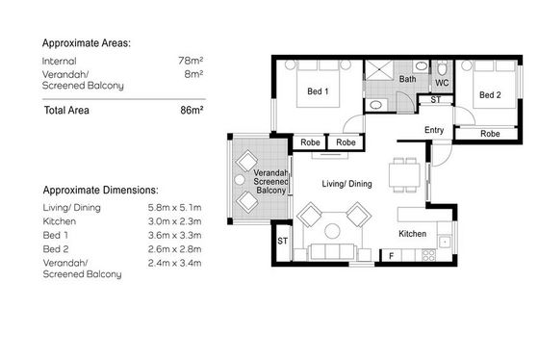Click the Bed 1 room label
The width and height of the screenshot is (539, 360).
tap(318, 91)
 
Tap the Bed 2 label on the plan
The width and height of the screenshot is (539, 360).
tap(490, 95)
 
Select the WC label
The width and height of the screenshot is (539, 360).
tap(442, 83)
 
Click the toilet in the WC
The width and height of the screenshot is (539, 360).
tap(442, 68)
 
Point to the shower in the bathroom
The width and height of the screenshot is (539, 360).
tap(379, 70)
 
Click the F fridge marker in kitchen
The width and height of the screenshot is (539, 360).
tap(391, 256)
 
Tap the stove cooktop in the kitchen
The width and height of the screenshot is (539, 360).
tap(428, 255)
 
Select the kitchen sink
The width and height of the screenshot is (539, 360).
tap(445, 242)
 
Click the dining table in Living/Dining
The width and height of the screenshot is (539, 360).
tap(404, 175)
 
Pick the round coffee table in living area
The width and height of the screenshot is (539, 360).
tap(332, 231)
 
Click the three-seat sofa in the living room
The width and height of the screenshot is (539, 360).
tap(332, 251)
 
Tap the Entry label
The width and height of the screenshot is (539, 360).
tap(434, 130)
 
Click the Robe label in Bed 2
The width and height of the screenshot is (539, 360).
tap(490, 134)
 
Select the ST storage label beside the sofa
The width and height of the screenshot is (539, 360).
tap(282, 241)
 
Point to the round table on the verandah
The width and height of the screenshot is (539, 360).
tap(240, 179)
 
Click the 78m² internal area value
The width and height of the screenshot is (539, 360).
tap(191, 61)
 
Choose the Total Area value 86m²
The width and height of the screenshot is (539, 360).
tap(192, 110)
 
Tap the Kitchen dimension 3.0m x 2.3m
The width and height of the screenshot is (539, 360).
tap(174, 221)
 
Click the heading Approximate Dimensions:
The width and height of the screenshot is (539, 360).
tap(101, 191)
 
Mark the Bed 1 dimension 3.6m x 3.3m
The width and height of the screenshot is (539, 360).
tap(174, 235)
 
